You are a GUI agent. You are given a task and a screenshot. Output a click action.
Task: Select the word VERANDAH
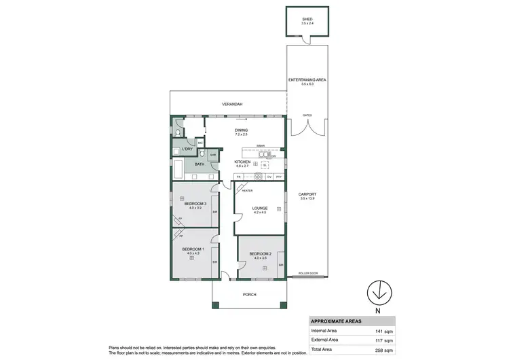click(232, 104)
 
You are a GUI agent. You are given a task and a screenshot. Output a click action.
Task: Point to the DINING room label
click(241, 130)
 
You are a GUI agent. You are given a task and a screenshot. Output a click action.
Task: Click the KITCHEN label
click(242, 162)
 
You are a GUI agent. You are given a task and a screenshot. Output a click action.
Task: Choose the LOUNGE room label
click(260, 209)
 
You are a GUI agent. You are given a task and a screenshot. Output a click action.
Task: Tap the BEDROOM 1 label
click(193, 250)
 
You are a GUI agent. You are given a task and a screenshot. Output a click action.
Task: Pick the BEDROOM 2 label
click(260, 253)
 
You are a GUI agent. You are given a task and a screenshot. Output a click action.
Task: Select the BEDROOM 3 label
click(195, 204)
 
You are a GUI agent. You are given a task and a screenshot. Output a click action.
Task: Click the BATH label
click(200, 164)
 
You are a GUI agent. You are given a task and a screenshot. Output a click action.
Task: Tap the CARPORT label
click(308, 194)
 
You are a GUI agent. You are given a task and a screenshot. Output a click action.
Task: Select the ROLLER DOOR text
click(308, 274)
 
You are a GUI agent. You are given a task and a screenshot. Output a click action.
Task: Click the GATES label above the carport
click(308, 115)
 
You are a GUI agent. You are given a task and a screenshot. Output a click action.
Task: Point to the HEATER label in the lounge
click(247, 191)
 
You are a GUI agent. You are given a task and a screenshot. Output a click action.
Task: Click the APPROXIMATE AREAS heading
click(336, 322)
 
